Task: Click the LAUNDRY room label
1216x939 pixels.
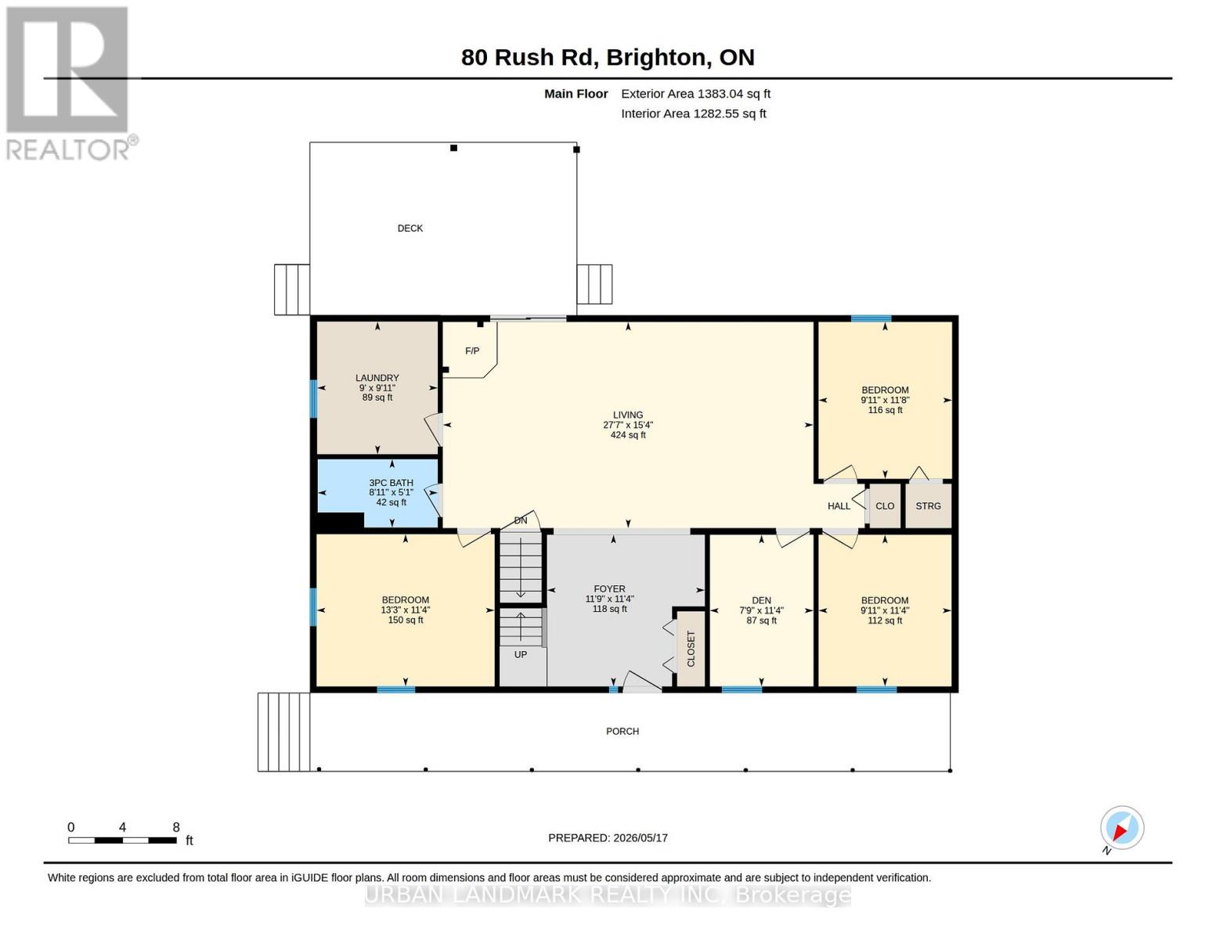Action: coord(377,377)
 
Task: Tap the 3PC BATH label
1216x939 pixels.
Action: coord(392,482)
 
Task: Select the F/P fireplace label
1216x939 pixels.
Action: coord(471,351)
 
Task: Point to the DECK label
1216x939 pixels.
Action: coord(410,228)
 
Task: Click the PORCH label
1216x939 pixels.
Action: coord(622,731)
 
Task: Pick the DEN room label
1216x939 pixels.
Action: coord(761,600)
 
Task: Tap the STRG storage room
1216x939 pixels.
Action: coord(928,505)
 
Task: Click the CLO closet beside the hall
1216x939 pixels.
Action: coord(885,505)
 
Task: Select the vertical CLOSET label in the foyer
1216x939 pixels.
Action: coord(691,649)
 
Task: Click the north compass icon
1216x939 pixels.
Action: coord(1121,828)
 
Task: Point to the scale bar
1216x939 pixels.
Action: coord(123,840)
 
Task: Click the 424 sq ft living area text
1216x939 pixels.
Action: coord(628,434)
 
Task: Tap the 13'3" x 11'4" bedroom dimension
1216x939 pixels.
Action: coord(405,610)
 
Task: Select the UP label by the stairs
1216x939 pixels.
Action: coord(521,654)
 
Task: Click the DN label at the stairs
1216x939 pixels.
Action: coord(521,520)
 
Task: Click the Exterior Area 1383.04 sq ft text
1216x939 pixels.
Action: coord(695,94)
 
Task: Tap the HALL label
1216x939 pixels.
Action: coord(839,506)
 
